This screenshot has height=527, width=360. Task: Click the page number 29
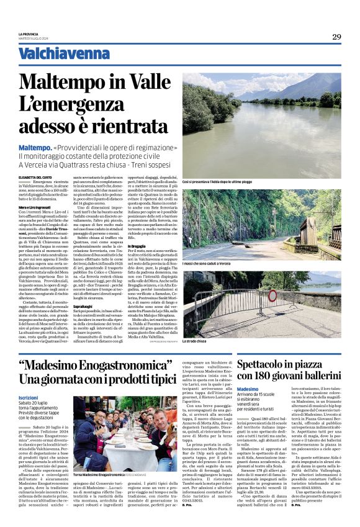(336, 37)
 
